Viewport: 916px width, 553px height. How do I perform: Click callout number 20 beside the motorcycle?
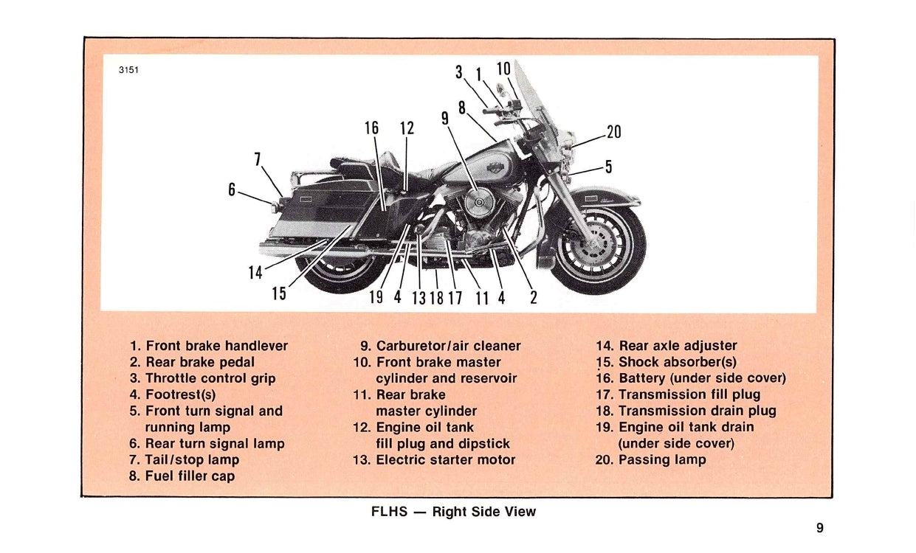click(x=613, y=133)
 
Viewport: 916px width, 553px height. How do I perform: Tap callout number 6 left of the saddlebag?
click(x=232, y=189)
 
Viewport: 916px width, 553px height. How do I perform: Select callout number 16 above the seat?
click(x=371, y=128)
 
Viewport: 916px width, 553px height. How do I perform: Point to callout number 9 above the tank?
click(x=445, y=118)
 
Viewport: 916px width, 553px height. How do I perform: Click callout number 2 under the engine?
click(x=533, y=298)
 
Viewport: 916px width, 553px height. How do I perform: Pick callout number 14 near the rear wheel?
click(x=255, y=273)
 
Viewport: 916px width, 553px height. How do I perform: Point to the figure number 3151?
click(x=128, y=71)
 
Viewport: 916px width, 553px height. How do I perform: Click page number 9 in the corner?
click(x=820, y=527)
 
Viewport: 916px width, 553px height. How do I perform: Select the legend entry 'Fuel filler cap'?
click(x=190, y=476)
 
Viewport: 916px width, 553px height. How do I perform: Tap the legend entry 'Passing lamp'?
click(x=661, y=460)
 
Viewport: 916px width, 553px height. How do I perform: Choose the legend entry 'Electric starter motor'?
click(x=445, y=460)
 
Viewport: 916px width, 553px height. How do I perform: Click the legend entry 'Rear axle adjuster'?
click(x=677, y=346)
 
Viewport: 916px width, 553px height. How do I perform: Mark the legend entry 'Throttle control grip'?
click(x=210, y=378)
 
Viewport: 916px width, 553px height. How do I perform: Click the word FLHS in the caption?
click(x=389, y=512)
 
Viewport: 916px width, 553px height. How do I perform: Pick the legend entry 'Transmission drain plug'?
click(x=697, y=411)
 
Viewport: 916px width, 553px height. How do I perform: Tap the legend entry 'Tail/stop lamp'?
click(x=192, y=460)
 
